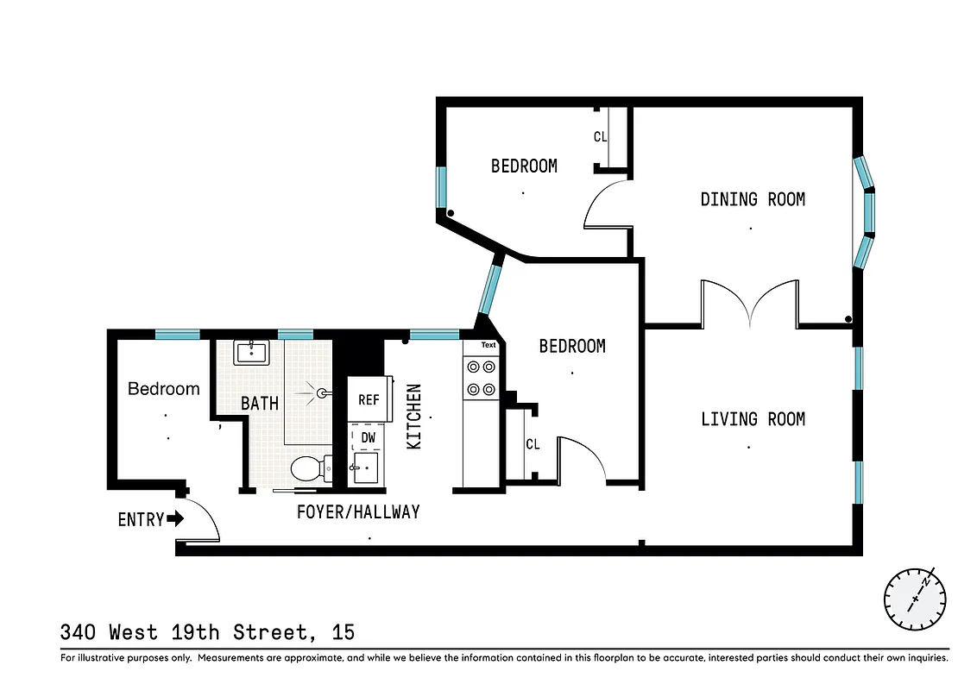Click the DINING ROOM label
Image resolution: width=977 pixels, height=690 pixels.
(x=753, y=199)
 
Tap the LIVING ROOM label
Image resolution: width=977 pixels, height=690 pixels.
(x=753, y=419)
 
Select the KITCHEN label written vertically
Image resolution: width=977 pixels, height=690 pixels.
(x=414, y=417)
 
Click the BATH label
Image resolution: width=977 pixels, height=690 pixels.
(x=260, y=403)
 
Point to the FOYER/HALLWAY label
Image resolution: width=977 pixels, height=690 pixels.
(x=358, y=511)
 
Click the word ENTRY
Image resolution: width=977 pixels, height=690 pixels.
(x=141, y=519)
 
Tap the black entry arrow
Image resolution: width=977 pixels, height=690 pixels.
(x=175, y=518)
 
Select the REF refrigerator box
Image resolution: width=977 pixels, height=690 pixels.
(x=369, y=399)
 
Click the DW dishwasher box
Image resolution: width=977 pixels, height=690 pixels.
(x=369, y=438)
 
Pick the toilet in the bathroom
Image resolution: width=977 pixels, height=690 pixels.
(x=307, y=469)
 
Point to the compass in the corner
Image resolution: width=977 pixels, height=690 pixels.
(x=915, y=599)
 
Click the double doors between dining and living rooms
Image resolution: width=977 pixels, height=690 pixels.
(x=749, y=304)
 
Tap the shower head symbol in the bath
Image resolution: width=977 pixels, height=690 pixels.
(x=321, y=393)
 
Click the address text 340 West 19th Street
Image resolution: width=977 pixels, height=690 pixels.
(x=207, y=632)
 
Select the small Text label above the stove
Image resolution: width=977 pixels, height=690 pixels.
(x=488, y=345)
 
